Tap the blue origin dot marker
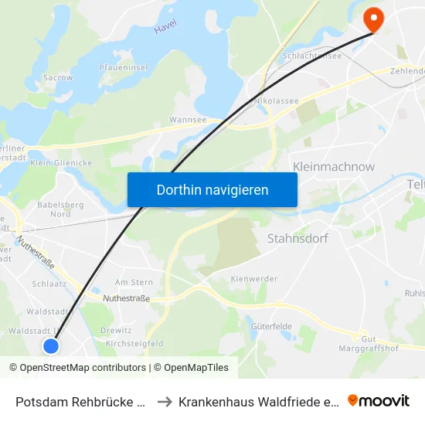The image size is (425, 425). pos(51,345)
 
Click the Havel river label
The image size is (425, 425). pos(165,27)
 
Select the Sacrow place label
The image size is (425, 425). pos(59,78)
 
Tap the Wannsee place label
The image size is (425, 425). pos(187,121)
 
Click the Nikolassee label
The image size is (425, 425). pos(270,100)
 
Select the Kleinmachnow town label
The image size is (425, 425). pos(334,166)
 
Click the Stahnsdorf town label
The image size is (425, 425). pos(297,238)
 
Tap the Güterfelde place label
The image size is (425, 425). pos(271,326)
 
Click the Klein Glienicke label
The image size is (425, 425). pos(61,163)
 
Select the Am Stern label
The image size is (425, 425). pos(134,283)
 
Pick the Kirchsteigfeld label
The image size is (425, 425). pos(134,343)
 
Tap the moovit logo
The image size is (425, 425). pos(379,400)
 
